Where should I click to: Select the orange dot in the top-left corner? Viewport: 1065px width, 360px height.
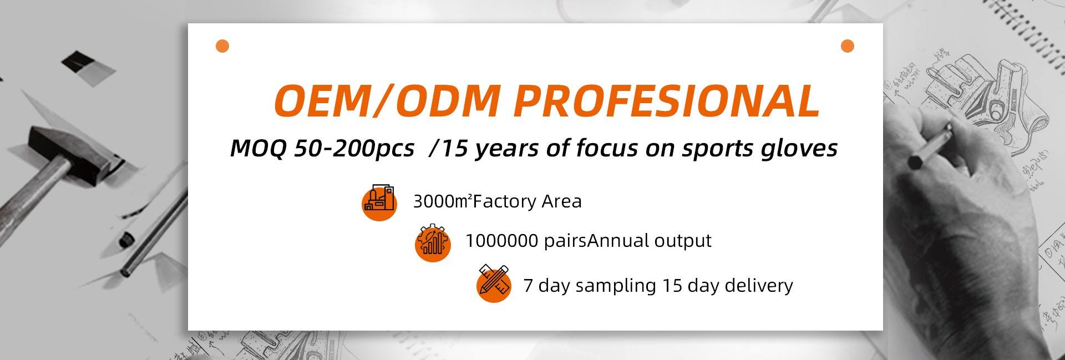(x=222, y=46)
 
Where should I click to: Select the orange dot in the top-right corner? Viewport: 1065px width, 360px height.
(x=847, y=46)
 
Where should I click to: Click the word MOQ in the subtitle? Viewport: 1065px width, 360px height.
(x=258, y=148)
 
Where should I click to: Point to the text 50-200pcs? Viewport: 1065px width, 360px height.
(x=354, y=149)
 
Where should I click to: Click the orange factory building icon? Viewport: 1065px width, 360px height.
(x=379, y=202)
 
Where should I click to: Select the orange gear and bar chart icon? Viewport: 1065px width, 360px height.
(x=433, y=242)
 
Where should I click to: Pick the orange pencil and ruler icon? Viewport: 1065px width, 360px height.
(x=494, y=283)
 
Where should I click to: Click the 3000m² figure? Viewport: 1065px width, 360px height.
(x=443, y=201)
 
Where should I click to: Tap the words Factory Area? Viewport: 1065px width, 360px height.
(x=528, y=201)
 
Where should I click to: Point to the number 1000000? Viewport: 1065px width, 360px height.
(x=501, y=241)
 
